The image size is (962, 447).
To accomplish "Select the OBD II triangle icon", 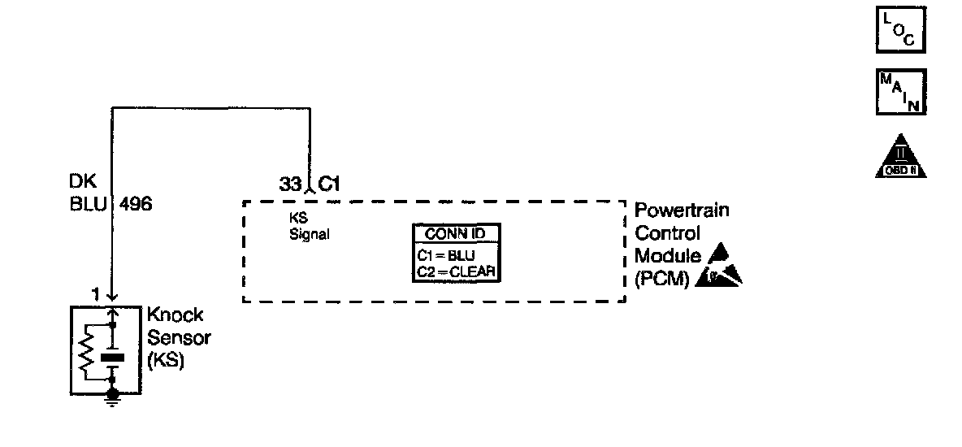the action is click(x=902, y=156).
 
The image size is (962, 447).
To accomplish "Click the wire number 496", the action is click(x=136, y=204).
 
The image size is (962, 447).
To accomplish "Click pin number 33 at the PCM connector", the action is click(x=290, y=184).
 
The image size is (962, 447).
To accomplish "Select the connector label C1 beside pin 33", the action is click(x=328, y=184).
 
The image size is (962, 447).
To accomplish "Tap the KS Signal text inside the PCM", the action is click(x=310, y=227).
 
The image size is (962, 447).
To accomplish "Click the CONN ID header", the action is click(x=456, y=234).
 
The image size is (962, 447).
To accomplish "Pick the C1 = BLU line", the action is click(x=446, y=255).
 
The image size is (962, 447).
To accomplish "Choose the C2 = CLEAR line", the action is click(x=456, y=271).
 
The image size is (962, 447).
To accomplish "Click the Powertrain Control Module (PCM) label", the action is click(x=670, y=245).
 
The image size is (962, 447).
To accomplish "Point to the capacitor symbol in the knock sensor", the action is click(x=114, y=355).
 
